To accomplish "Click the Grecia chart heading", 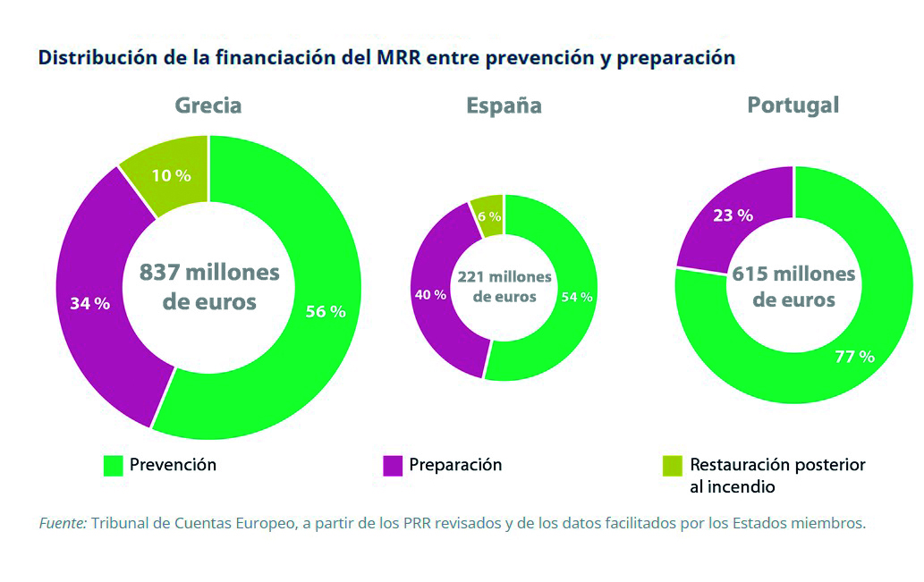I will [x=208, y=105].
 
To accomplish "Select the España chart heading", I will [x=504, y=106].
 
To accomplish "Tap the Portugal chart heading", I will [x=793, y=105].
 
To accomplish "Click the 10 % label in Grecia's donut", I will [x=171, y=175].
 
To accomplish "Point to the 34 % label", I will [x=89, y=303].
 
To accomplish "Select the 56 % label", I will [x=326, y=312].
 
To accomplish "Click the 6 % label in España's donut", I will [x=489, y=216].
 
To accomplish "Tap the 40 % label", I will [x=429, y=295].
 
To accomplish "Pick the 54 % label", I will [x=576, y=297].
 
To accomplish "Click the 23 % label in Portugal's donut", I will [x=733, y=215].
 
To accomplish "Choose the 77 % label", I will [x=854, y=356].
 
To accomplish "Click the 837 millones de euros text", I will [x=209, y=286].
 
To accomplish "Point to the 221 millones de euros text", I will [x=504, y=286].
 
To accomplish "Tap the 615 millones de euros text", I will [x=793, y=286].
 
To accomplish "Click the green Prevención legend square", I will [x=113, y=466].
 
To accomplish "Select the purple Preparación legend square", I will [x=393, y=466].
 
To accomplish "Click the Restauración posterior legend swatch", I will [x=672, y=466].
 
